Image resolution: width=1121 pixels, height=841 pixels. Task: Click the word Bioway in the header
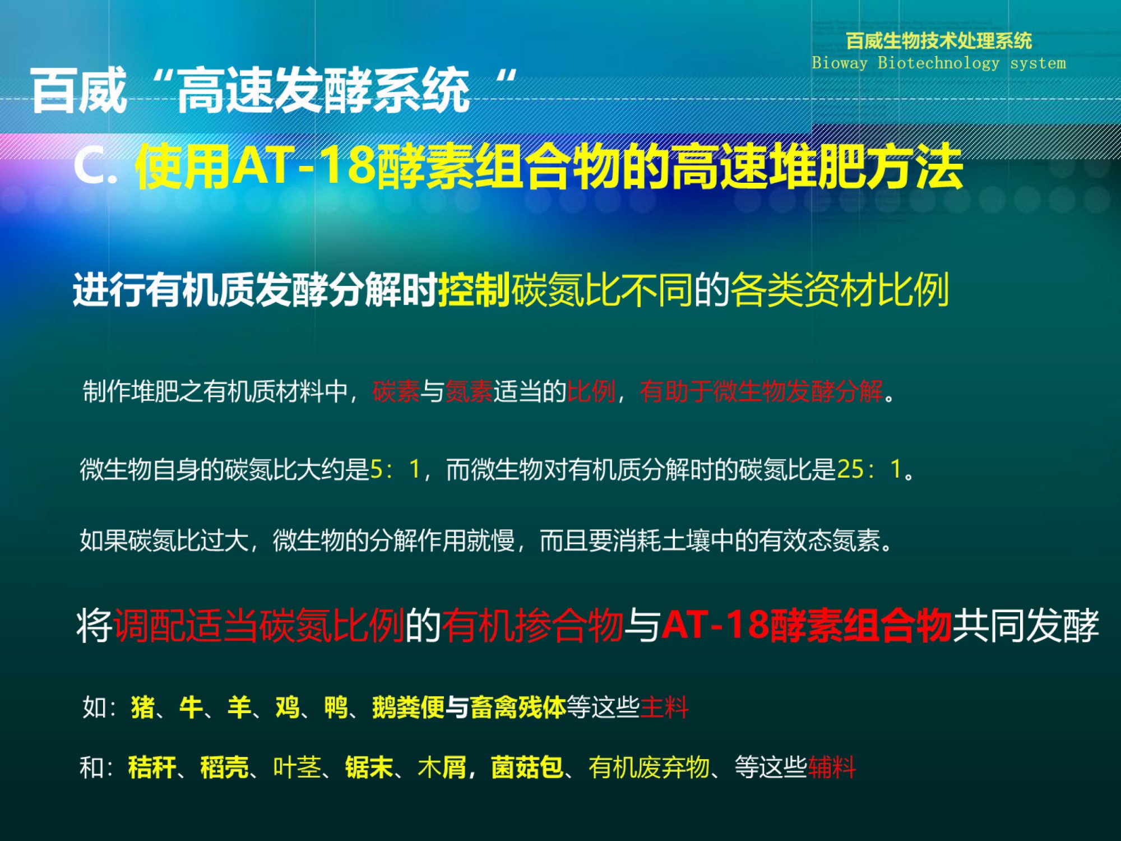coord(840,63)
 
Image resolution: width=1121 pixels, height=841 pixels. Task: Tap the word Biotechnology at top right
coord(938,63)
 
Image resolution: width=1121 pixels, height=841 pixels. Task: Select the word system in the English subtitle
coord(1038,63)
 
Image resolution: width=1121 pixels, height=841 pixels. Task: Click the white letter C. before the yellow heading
coord(96,166)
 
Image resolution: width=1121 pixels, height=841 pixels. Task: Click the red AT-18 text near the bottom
coord(715,625)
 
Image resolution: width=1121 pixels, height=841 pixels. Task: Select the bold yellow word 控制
coord(474,290)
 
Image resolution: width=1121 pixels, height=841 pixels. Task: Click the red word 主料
coord(664,707)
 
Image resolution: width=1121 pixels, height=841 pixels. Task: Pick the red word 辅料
coord(832,767)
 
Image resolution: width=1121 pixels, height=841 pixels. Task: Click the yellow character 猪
coord(143,707)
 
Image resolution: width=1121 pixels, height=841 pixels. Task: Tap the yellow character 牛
coord(191,707)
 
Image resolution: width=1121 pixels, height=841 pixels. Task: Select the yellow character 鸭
coord(336,707)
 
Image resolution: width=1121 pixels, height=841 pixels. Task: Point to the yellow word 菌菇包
coord(527,767)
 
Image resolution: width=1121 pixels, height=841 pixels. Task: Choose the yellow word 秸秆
coord(152,767)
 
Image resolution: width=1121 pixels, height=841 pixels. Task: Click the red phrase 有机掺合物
coord(532,625)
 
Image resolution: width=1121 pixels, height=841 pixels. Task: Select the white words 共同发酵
coord(1026,625)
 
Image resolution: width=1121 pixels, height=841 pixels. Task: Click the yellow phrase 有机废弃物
coord(649,767)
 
